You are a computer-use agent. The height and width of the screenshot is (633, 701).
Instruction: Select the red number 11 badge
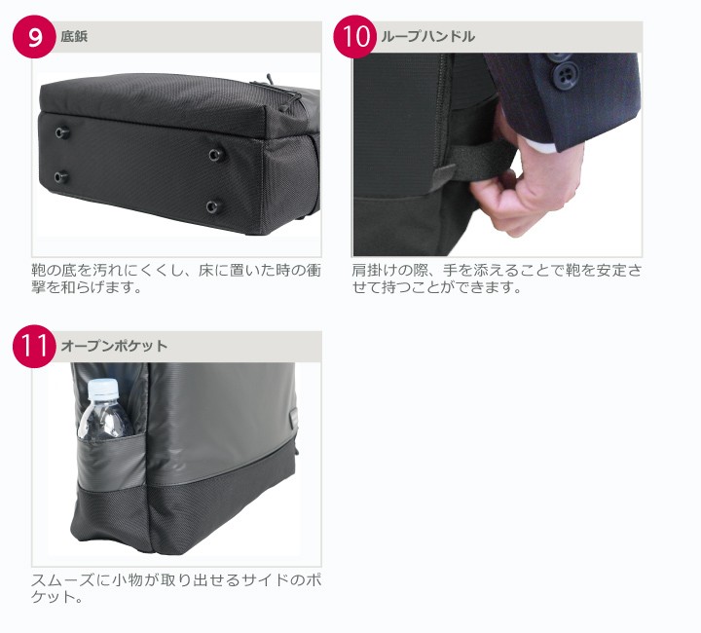tap(36, 347)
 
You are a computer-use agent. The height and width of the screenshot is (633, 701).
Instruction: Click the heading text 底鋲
tap(75, 37)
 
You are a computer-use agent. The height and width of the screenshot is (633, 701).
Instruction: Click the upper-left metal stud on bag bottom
tap(63, 130)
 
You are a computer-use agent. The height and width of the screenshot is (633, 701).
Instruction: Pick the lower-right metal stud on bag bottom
tap(212, 205)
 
